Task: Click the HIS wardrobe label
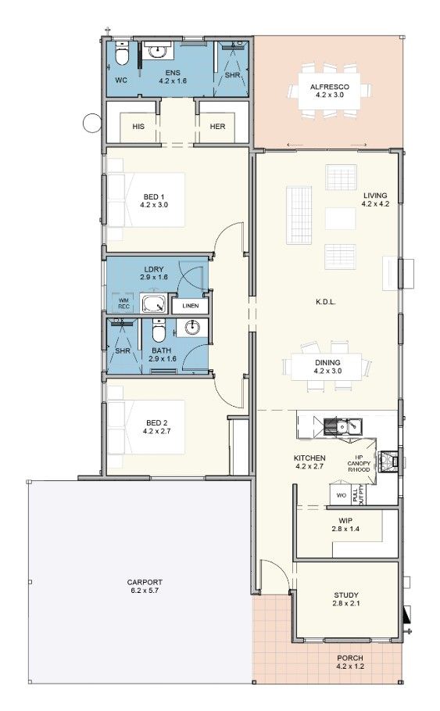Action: (138, 127)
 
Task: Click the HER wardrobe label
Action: (216, 127)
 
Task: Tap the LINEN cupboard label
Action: (190, 306)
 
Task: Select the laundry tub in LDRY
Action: (153, 303)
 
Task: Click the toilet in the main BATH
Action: (159, 333)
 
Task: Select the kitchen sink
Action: (342, 427)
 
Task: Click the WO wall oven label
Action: (342, 496)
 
